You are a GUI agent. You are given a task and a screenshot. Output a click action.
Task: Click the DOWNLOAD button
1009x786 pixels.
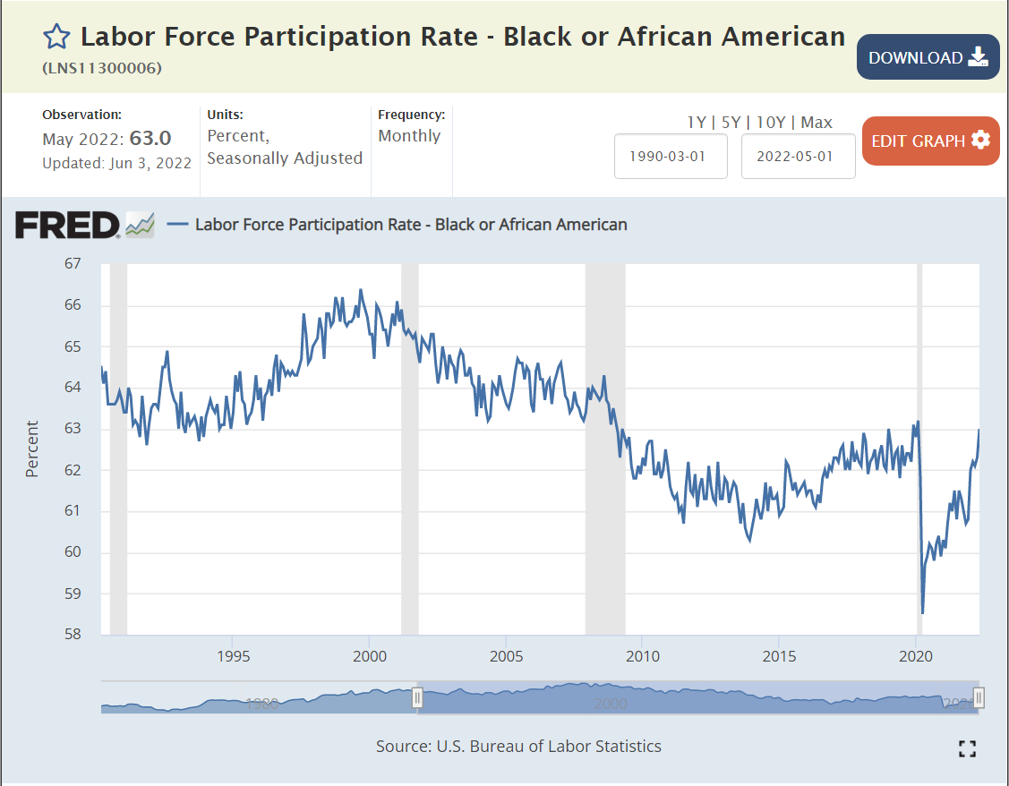point(928,57)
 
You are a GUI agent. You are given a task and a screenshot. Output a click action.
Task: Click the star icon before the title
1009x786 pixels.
point(56,37)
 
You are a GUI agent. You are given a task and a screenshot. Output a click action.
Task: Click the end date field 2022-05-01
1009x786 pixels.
point(798,156)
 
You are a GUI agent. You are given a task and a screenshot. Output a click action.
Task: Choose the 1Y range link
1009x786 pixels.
point(696,123)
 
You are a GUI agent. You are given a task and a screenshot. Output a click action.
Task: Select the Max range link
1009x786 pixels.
point(817,123)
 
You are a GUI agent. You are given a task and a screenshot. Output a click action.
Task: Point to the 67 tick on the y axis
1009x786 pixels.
point(72,264)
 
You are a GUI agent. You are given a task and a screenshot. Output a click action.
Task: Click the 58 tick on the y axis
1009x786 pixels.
point(72,635)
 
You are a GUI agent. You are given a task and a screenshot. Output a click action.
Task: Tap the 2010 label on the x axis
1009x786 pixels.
point(642,657)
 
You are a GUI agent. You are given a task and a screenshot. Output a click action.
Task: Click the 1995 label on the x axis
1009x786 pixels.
point(233,657)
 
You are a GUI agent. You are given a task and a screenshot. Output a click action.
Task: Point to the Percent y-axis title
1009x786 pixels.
point(32,449)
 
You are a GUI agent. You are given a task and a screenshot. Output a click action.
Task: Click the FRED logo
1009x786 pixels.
point(67,225)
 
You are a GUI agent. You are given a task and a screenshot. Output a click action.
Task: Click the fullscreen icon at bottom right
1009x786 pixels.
point(967,748)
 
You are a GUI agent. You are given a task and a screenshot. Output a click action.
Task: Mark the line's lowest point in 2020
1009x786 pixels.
point(922,613)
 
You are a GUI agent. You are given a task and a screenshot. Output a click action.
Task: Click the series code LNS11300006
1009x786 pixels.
point(102,68)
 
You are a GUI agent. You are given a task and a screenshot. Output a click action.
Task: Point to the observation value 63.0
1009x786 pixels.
point(150,139)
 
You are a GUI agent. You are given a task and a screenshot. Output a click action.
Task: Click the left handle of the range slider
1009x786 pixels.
point(417,697)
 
